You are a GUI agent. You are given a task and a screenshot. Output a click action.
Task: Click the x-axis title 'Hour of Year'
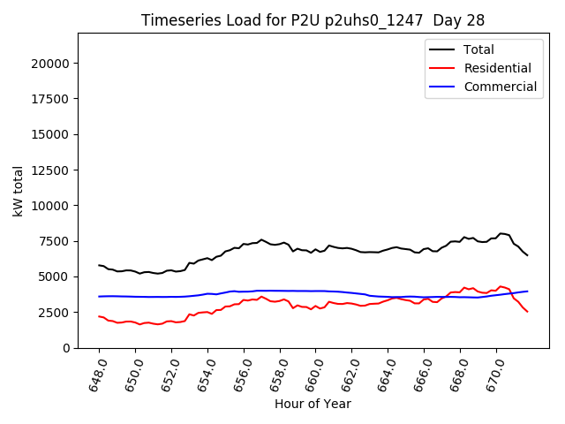313,404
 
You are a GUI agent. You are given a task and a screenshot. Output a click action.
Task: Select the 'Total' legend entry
478,49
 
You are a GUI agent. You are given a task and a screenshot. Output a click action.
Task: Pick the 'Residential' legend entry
497,68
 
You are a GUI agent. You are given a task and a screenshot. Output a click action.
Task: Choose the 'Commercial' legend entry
500,87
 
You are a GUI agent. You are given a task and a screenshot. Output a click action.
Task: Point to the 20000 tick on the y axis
50,64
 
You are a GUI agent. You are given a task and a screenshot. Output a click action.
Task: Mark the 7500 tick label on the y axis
54,241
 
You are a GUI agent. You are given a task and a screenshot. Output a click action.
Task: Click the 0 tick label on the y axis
68,348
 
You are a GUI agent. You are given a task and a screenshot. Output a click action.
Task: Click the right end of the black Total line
527,255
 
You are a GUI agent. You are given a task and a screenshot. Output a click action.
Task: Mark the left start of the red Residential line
99,316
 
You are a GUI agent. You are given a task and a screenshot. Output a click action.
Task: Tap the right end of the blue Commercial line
527,291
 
